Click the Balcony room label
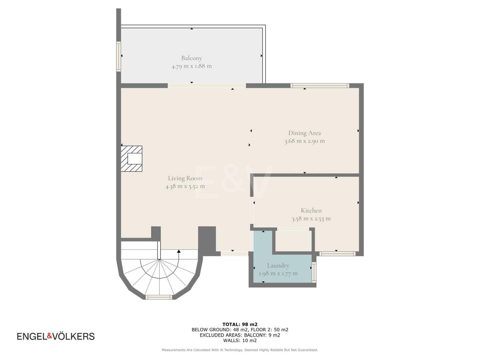192,58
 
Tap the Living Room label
185,178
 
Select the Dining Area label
304,133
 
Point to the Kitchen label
311,210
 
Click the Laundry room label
278,266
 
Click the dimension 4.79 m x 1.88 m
192,66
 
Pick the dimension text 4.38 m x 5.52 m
185,186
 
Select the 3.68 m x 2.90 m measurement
304,141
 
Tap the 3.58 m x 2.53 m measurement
311,219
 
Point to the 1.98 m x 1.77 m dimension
278,273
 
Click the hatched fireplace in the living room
131,159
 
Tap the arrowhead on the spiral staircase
179,251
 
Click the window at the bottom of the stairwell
159,297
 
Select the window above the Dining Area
320,85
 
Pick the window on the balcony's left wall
119,56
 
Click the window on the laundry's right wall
314,272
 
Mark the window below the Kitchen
337,254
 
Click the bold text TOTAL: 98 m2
240,324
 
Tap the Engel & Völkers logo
56,336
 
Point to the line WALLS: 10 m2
240,340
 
